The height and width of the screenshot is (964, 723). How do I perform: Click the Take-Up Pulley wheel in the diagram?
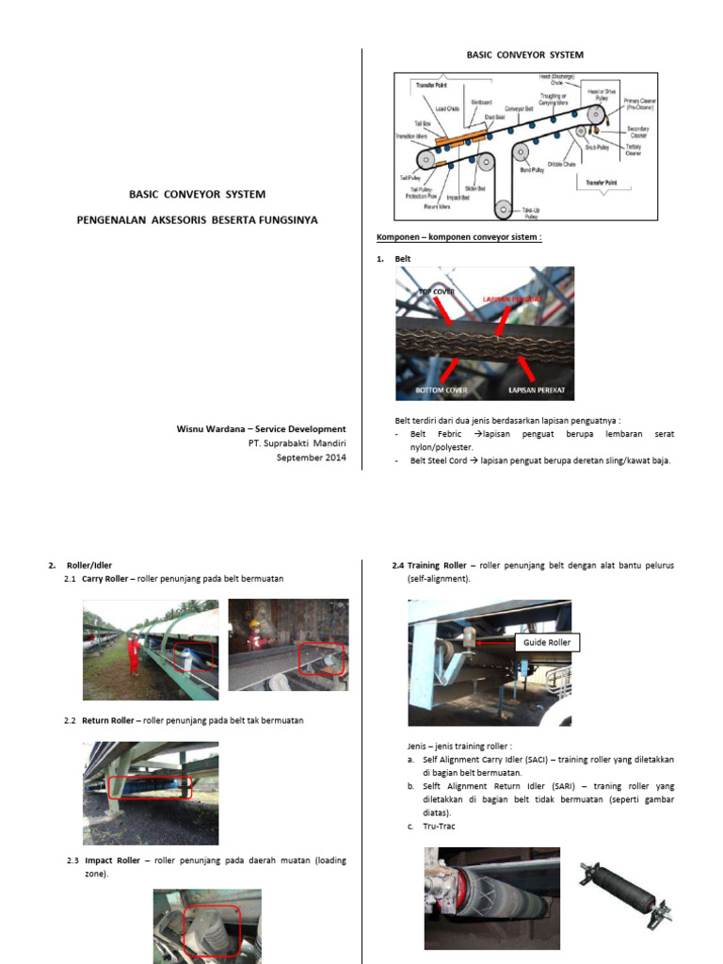506,207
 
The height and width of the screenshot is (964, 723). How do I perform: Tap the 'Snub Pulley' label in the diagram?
597,147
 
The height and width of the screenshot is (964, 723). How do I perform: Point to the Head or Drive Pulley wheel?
595,114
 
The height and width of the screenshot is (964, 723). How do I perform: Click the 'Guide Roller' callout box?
547,643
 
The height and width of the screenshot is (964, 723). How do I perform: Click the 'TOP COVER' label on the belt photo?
436,292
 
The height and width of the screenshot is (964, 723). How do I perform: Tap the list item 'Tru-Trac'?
430,827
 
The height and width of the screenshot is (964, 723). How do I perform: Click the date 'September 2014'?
311,458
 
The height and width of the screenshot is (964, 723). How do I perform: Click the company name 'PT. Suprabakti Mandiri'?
297,443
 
